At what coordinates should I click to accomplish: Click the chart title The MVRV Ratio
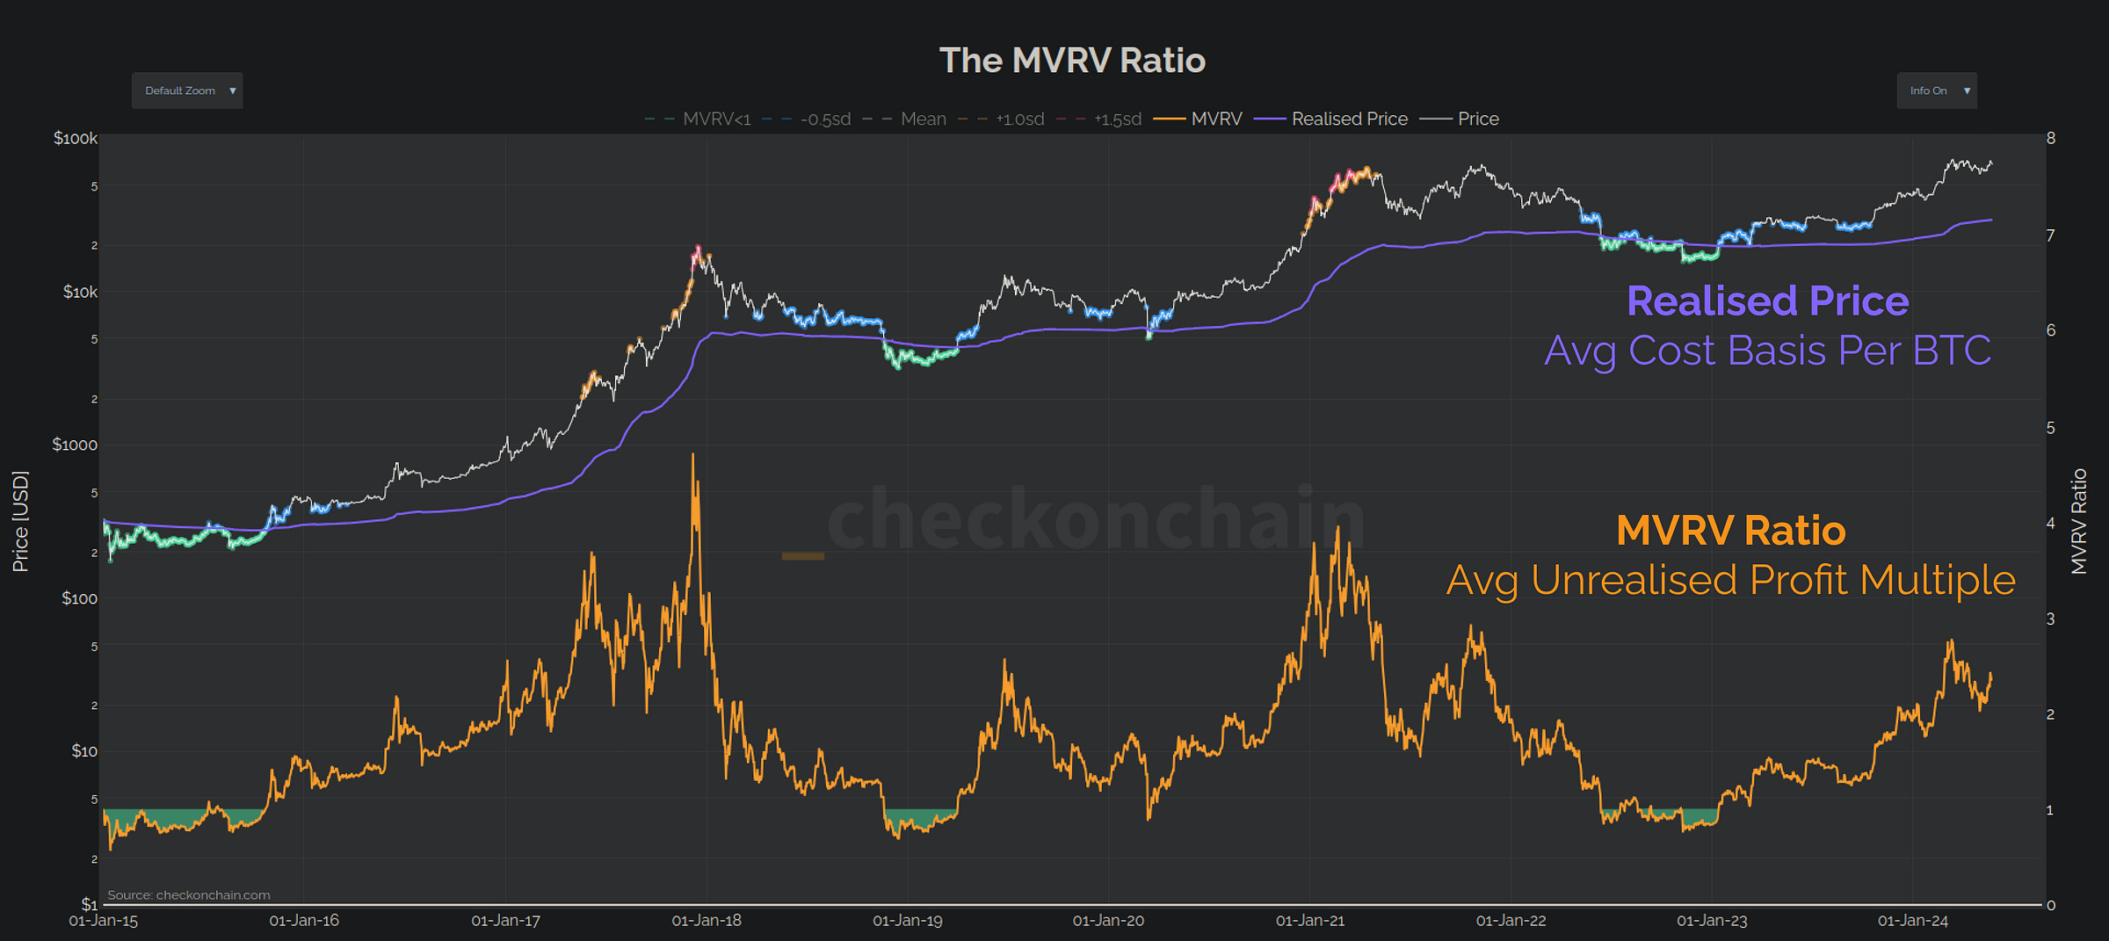(1072, 61)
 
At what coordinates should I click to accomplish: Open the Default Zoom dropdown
(187, 90)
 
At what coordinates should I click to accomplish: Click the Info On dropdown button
(1936, 90)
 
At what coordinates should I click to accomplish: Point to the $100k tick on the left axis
(76, 138)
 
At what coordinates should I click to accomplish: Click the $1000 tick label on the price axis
(75, 445)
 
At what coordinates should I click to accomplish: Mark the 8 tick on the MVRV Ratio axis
(2050, 138)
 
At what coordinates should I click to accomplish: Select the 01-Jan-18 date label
(707, 921)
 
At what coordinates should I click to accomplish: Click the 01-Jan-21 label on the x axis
(1310, 921)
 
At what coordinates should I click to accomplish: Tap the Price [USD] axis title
(20, 521)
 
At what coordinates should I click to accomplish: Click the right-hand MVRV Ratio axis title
(2078, 521)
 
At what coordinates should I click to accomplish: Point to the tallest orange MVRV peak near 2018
(692, 457)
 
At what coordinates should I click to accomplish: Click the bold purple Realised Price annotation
(1767, 301)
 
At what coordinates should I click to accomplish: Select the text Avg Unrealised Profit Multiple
(1730, 580)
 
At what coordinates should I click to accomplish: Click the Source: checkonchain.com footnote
(189, 895)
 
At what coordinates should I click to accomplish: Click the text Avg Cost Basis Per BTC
(1767, 351)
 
